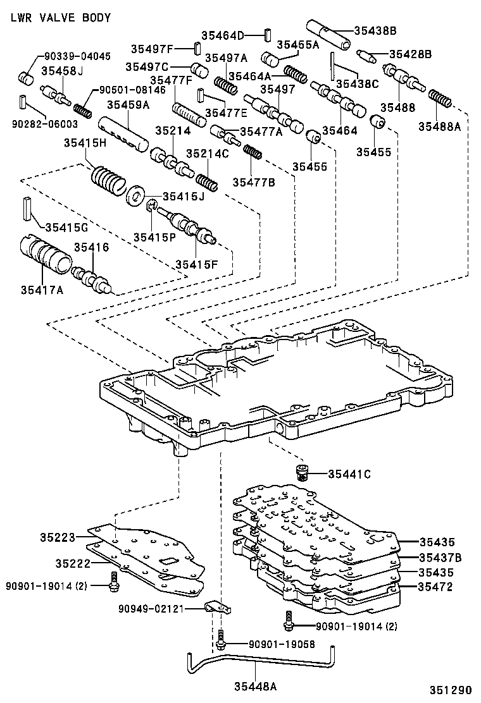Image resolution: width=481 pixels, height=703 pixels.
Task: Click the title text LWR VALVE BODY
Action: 61,18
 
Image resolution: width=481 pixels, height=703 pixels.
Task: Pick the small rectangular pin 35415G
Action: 26,208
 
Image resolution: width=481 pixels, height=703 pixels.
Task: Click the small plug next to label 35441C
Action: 303,472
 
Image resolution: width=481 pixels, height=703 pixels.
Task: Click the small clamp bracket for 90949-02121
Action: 218,608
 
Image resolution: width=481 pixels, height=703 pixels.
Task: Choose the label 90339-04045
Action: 77,56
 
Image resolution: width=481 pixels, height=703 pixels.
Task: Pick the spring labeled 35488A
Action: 439,99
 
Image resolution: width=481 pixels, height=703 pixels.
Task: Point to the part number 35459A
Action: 127,105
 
